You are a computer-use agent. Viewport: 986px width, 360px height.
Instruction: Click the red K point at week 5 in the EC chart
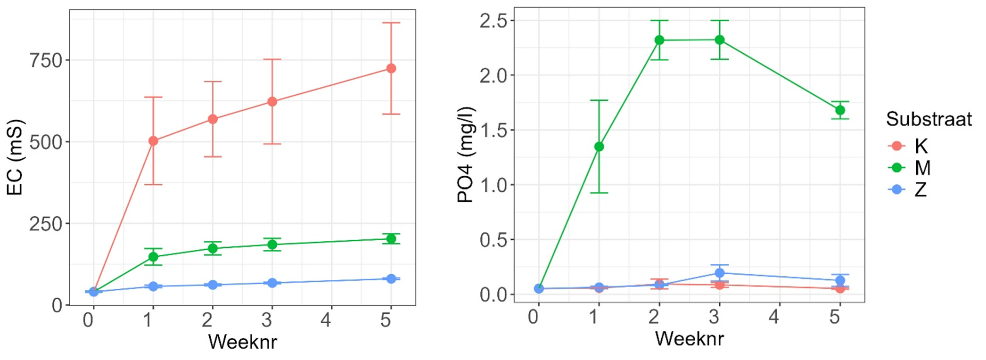click(x=391, y=68)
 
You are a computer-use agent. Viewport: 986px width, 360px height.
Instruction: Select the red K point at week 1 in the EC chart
click(x=153, y=140)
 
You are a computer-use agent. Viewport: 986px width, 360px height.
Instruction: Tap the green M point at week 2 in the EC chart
click(x=213, y=248)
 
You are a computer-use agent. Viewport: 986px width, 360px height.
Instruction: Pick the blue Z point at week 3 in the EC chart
click(x=272, y=283)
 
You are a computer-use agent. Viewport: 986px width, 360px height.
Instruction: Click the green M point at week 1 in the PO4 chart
click(x=599, y=147)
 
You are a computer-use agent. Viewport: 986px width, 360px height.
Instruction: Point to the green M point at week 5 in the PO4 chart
click(x=840, y=110)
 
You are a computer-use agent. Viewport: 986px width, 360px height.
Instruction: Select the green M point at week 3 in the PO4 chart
click(x=719, y=40)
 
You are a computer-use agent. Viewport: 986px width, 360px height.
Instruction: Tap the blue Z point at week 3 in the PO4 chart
click(x=719, y=273)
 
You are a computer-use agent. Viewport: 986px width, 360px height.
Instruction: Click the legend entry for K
click(x=920, y=146)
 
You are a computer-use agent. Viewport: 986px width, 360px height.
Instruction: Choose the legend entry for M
click(x=922, y=168)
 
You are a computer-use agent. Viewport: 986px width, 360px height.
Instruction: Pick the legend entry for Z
click(x=920, y=189)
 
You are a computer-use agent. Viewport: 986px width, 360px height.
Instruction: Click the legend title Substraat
click(x=928, y=119)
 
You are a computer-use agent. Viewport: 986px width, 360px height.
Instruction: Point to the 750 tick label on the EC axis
click(x=46, y=60)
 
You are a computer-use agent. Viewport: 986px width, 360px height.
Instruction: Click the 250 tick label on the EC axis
click(x=46, y=224)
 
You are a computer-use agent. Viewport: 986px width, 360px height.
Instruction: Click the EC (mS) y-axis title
click(x=15, y=158)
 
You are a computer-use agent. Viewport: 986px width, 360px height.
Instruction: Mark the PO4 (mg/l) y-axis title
click(x=466, y=155)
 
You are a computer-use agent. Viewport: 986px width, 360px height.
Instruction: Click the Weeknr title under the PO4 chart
click(x=689, y=338)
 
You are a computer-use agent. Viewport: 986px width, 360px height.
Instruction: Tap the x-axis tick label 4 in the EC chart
click(x=326, y=320)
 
